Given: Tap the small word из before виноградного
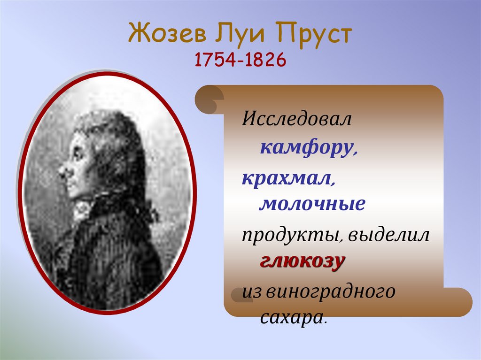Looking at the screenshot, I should (x=252, y=292).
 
